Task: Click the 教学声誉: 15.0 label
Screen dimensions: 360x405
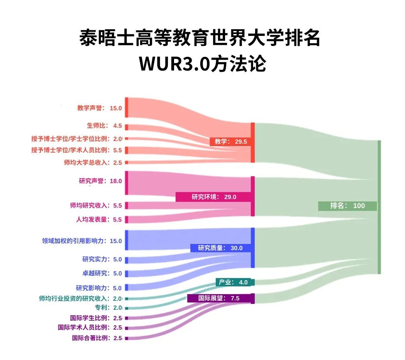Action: (99, 108)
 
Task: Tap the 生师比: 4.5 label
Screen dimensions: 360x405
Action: (104, 126)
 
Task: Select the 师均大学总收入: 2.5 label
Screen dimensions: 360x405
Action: (93, 162)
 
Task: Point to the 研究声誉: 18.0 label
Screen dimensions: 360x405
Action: (100, 181)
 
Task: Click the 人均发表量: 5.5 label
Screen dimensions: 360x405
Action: (99, 219)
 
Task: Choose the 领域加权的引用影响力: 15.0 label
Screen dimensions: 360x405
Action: (82, 241)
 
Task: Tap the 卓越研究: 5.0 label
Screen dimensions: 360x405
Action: (102, 273)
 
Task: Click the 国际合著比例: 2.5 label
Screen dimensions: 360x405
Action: (97, 338)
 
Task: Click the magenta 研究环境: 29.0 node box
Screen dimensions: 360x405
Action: (213, 197)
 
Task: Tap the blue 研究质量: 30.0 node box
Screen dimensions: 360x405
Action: (220, 248)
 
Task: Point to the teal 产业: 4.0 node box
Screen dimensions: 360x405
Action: (235, 282)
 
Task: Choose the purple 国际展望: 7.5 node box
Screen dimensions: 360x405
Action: (220, 298)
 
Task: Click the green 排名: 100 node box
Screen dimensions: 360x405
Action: (347, 206)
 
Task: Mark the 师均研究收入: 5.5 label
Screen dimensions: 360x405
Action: (96, 205)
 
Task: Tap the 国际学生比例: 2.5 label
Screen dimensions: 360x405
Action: (96, 318)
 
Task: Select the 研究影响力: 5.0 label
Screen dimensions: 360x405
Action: (99, 288)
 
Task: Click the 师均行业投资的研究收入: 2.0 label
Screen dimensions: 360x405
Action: (81, 298)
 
